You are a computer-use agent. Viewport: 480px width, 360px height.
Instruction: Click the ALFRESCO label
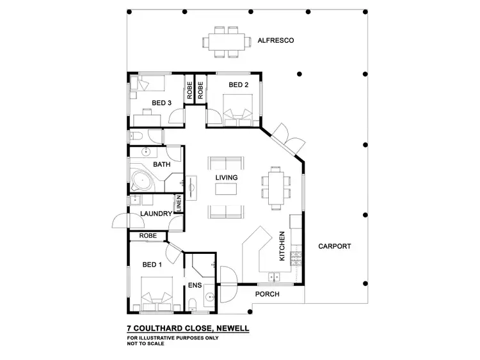click(x=275, y=40)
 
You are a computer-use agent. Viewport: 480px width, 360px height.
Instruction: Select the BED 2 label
click(x=238, y=85)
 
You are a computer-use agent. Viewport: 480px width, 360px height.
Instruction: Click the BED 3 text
click(x=161, y=102)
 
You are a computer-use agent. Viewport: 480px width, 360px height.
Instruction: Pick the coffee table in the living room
click(x=226, y=189)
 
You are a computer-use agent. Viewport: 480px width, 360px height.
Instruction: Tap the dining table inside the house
click(x=276, y=188)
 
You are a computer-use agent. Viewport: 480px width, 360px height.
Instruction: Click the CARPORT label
click(x=335, y=246)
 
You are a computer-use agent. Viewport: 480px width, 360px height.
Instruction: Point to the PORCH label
click(x=268, y=295)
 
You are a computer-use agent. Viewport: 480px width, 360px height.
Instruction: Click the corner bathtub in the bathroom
click(x=140, y=179)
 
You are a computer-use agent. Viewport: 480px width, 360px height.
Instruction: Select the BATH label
click(x=161, y=164)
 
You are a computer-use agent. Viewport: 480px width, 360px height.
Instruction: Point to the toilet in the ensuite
click(x=194, y=304)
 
